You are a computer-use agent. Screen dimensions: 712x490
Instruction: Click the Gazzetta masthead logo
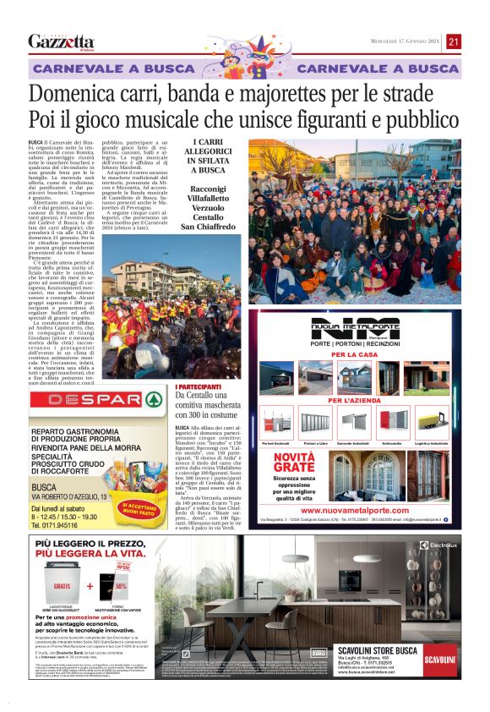[61, 41]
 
